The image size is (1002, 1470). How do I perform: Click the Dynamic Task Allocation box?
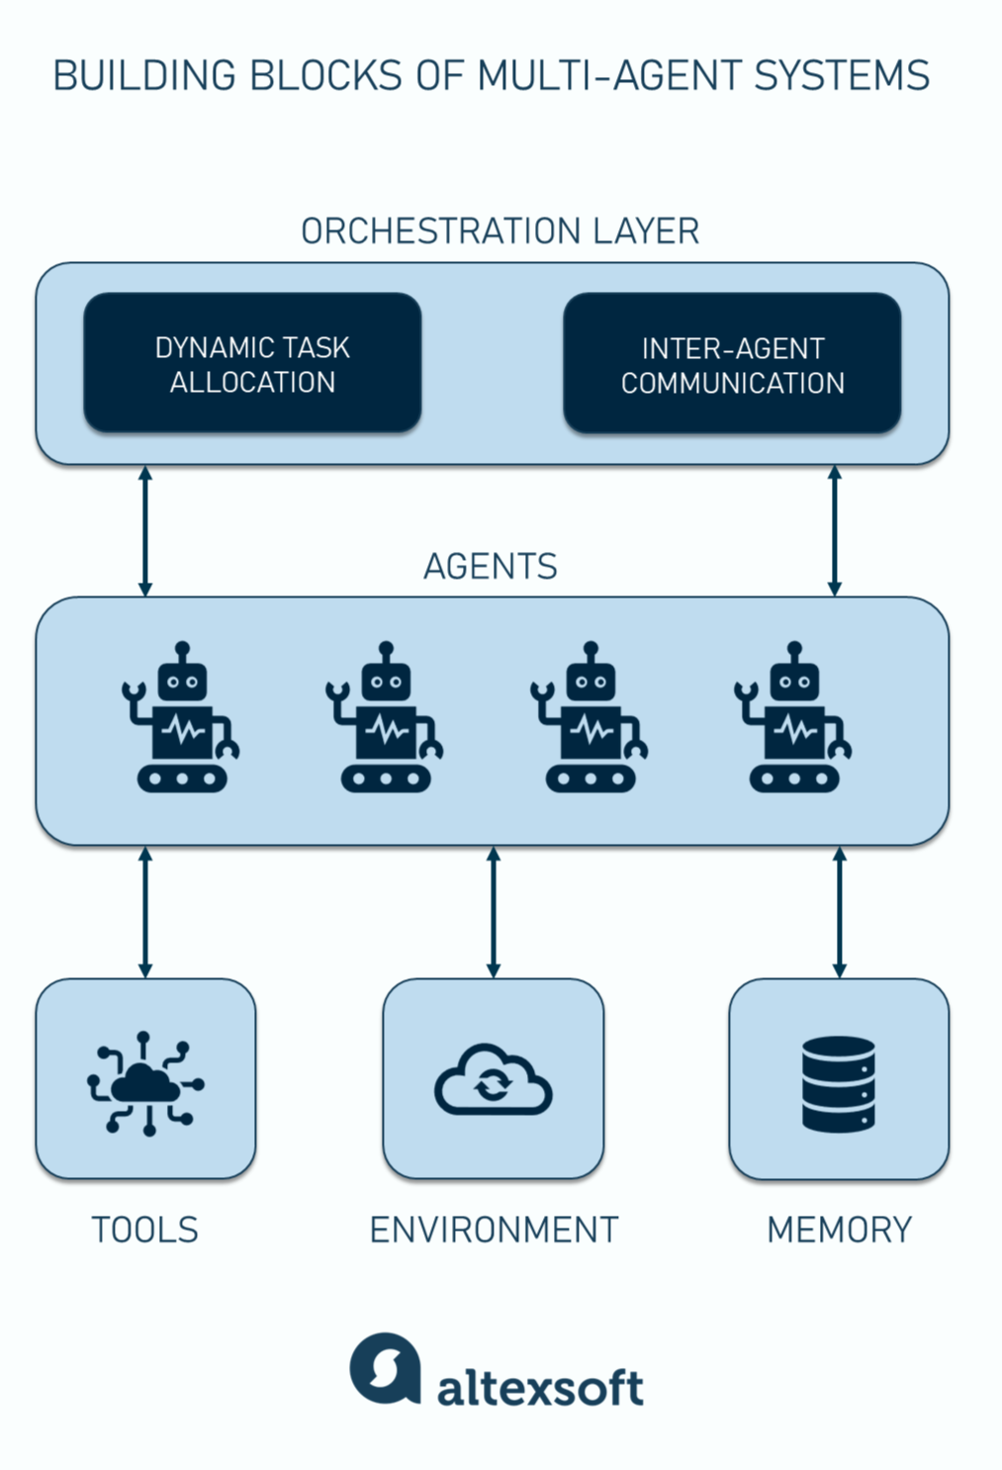point(252,363)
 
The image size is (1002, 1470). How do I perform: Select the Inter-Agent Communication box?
point(732,364)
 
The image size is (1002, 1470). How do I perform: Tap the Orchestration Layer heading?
point(500,231)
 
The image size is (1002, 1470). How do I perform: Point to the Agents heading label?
point(491,567)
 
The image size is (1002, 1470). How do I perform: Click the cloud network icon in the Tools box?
point(145,1084)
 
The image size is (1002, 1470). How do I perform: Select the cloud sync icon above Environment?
point(493,1080)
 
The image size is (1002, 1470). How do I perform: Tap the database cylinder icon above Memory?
point(839,1083)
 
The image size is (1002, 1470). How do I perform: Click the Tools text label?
point(145,1230)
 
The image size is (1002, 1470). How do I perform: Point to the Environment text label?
point(494,1230)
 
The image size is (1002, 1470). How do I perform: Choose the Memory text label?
point(839,1230)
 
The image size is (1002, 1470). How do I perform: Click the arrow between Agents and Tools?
point(145,912)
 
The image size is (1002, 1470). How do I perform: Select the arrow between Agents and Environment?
point(494,912)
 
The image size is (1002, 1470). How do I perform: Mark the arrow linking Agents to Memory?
point(840,912)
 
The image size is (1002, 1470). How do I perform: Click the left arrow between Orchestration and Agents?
point(145,531)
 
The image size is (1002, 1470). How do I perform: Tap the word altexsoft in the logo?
point(540,1388)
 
